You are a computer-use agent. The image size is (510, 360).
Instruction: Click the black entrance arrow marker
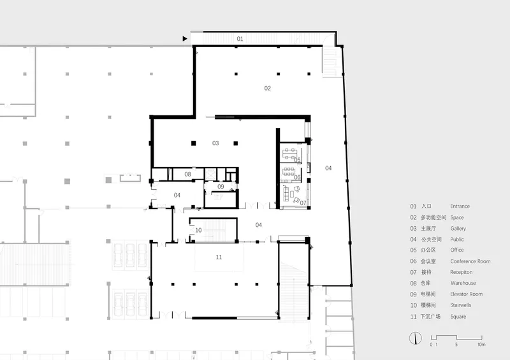point(185,39)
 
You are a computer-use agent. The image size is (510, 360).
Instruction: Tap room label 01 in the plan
point(240,39)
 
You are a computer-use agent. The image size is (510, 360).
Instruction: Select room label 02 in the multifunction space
point(267,88)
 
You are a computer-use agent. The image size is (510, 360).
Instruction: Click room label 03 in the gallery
point(215,143)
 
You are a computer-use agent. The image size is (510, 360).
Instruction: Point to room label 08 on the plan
point(187,175)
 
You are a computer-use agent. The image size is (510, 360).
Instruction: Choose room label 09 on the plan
point(221,187)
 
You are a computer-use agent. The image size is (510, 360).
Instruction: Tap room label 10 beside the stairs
point(198,230)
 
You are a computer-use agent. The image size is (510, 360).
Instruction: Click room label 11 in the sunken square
point(219,257)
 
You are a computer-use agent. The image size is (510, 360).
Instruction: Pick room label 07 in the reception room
point(303,203)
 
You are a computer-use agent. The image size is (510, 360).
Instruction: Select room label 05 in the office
point(297,160)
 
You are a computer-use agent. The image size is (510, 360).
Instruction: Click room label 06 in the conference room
point(297,177)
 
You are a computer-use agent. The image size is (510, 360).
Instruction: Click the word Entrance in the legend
point(460,206)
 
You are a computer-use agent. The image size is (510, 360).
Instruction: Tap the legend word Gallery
point(458,229)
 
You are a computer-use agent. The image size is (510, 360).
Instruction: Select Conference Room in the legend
point(470,261)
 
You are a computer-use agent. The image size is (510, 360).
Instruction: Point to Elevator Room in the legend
point(467,294)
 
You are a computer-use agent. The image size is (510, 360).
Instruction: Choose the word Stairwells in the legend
point(460,305)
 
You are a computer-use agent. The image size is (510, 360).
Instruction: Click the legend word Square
point(458,317)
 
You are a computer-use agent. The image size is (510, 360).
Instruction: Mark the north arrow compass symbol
point(416,338)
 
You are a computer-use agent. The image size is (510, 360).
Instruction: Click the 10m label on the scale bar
point(481,345)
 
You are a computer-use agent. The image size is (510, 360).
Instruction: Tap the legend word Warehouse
point(463,283)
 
